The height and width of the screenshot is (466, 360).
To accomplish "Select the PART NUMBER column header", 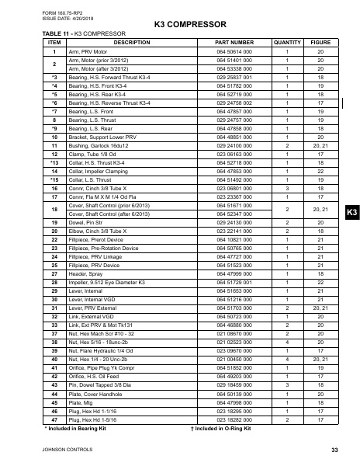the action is (x=234, y=43).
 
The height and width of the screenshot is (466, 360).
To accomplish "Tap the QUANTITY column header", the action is (x=287, y=43).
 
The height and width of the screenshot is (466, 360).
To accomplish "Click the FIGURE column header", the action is (x=321, y=43).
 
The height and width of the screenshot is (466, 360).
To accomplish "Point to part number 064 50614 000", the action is (x=234, y=51).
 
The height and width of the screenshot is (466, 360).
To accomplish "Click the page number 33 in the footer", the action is (x=334, y=450).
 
